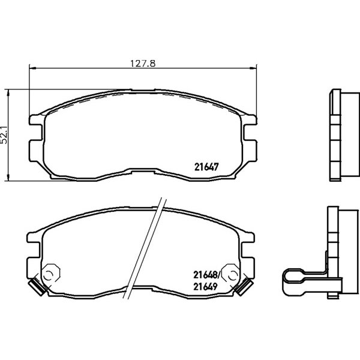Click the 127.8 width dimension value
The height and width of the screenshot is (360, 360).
coord(143,64)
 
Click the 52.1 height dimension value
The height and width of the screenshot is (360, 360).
coord(4,135)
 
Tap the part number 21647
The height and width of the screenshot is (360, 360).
coord(206,167)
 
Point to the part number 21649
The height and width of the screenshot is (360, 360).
coord(205,286)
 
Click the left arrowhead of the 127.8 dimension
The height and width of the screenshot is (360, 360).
coord(33,68)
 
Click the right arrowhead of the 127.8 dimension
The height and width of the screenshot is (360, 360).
coord(253,68)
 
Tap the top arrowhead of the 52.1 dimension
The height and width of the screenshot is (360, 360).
coord(8,93)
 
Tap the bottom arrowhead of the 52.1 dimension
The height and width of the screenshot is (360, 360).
coord(8,177)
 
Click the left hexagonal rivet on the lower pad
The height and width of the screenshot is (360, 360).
coord(51,274)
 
